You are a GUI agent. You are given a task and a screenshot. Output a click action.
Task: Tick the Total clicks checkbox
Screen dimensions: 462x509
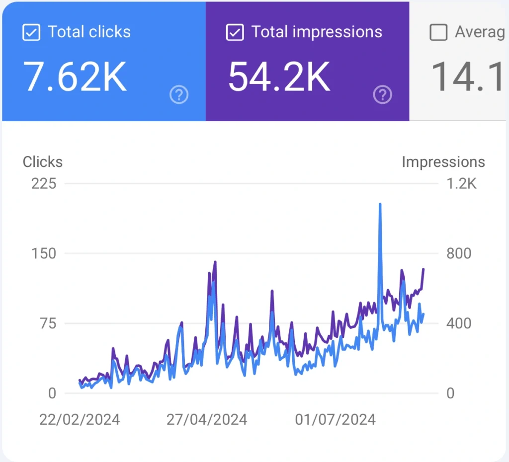click(31, 33)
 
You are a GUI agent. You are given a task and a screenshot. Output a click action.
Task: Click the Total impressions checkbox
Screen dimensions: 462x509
click(235, 33)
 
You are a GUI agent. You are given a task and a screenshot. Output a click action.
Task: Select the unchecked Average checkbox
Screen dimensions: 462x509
click(438, 33)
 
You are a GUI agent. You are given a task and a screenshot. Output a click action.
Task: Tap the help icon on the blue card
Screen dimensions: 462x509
click(179, 94)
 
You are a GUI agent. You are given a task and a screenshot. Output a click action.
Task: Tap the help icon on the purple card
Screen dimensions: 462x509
click(383, 94)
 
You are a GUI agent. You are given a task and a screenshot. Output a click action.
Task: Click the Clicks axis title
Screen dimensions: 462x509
click(43, 162)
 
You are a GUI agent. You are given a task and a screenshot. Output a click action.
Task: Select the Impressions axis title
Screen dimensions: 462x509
click(443, 162)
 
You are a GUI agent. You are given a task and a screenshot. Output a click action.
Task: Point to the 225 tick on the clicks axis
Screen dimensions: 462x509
click(44, 184)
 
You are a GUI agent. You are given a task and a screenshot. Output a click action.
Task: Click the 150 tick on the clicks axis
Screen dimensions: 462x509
click(44, 254)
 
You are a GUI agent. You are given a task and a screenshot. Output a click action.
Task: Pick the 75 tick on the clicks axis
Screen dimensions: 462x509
click(48, 323)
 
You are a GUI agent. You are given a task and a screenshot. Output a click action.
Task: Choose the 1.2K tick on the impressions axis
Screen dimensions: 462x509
click(461, 184)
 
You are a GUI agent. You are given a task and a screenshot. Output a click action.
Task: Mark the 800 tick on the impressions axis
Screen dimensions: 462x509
click(459, 254)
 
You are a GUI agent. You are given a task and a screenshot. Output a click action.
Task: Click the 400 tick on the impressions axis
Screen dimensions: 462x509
click(459, 323)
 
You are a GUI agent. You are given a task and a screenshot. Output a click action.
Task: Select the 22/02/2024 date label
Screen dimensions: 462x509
click(80, 420)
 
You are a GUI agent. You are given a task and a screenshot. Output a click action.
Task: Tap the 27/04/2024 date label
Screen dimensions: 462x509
click(207, 420)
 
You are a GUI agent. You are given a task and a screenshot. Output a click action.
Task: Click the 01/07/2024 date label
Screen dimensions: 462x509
click(335, 420)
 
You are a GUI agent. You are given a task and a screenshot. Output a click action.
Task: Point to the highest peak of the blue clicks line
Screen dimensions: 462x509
click(380, 204)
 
